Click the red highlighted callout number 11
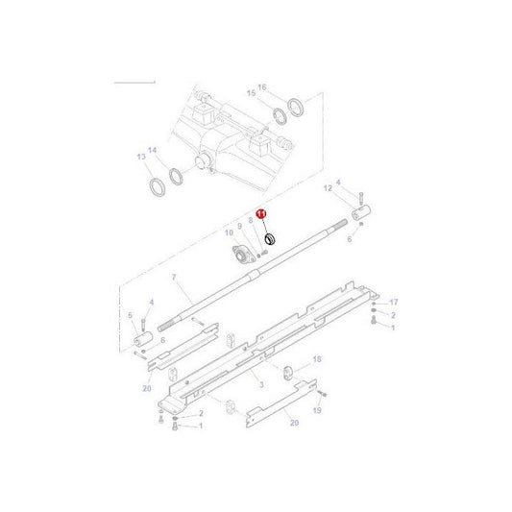pyautogui.click(x=259, y=219)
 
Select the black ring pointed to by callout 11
pyautogui.click(x=269, y=238)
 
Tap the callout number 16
pyautogui.click(x=260, y=85)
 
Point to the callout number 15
pyautogui.click(x=251, y=93)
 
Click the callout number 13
pyautogui.click(x=140, y=157)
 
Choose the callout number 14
pyautogui.click(x=152, y=152)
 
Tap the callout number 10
pyautogui.click(x=229, y=232)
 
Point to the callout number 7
pyautogui.click(x=174, y=278)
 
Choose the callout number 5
pyautogui.click(x=130, y=315)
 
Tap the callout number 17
pyautogui.click(x=393, y=303)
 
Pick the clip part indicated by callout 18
pyautogui.click(x=289, y=373)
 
